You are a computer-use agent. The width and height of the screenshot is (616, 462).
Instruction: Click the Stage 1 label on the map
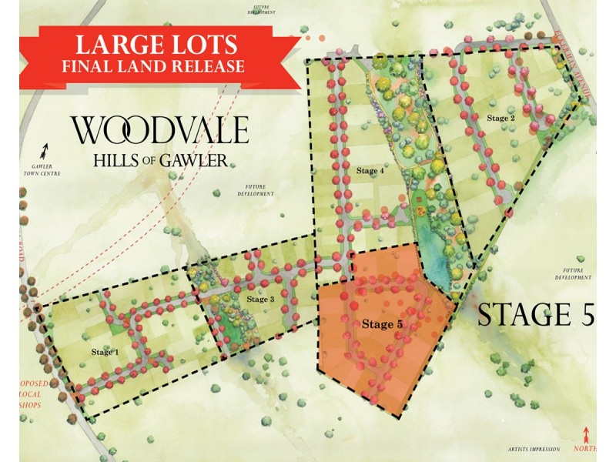(x=105, y=352)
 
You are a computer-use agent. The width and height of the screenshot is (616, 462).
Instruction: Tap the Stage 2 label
(x=500, y=118)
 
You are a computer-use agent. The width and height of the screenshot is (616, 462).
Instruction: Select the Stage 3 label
(x=260, y=299)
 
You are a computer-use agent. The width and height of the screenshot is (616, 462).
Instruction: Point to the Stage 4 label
(x=370, y=171)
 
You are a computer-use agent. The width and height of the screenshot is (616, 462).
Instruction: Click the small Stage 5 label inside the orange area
(x=383, y=324)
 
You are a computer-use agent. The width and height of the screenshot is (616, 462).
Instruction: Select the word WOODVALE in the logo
(x=160, y=130)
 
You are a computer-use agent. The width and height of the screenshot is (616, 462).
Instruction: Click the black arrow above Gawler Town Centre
(x=45, y=149)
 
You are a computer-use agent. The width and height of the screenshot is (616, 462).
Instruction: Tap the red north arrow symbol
(x=588, y=434)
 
